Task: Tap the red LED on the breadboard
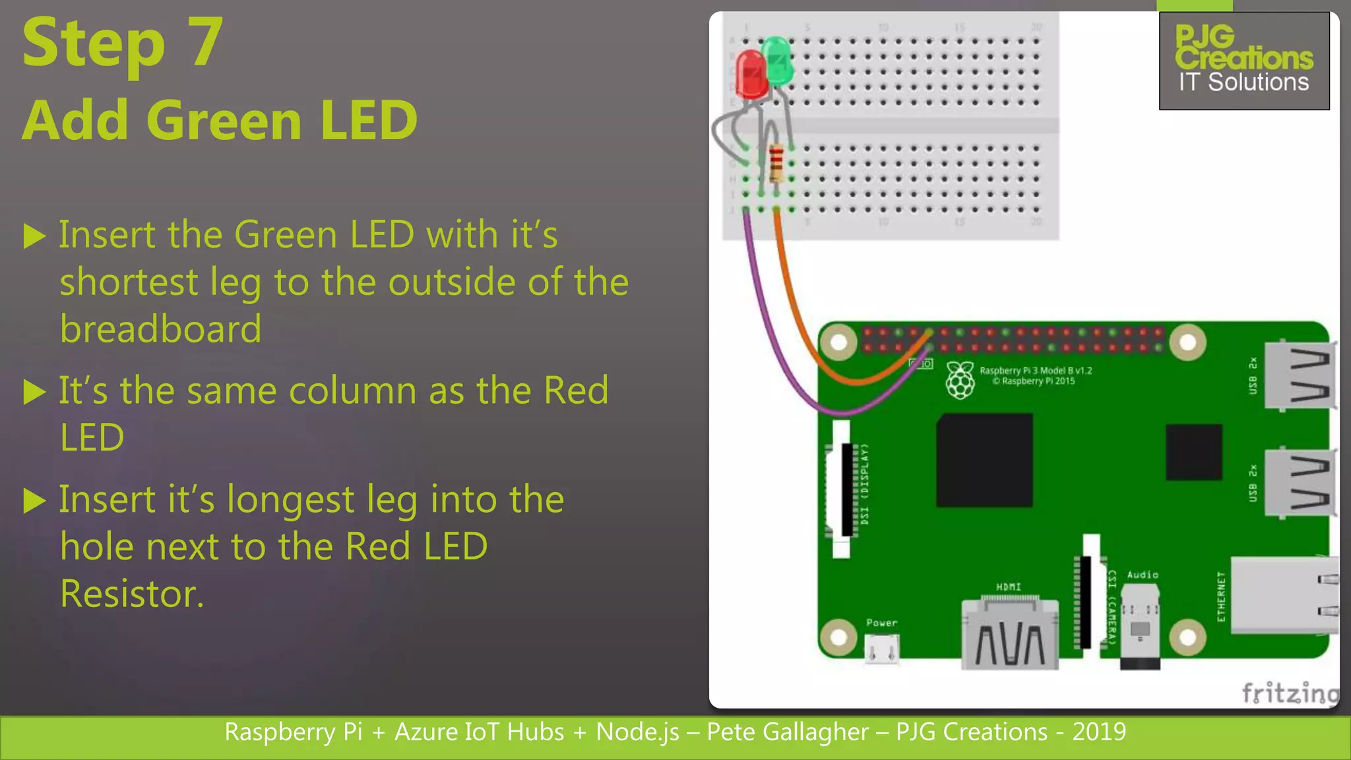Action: (750, 75)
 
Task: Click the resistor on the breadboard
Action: (776, 163)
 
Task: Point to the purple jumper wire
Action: (772, 330)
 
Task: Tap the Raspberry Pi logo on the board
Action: (960, 380)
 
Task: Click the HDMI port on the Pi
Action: (1009, 633)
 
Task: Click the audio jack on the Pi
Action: (1140, 627)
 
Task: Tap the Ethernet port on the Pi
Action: (1283, 596)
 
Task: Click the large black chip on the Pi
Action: (984, 460)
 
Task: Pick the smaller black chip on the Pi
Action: (1193, 452)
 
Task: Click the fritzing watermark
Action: (1289, 693)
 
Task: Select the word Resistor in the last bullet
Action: (132, 594)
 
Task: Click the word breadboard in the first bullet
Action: (161, 329)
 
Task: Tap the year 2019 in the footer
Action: (1099, 732)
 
